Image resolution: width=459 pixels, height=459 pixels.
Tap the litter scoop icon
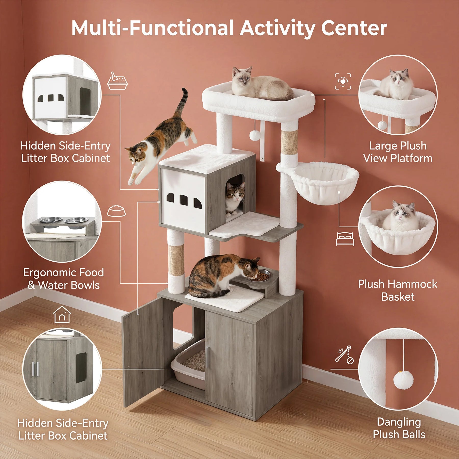117,81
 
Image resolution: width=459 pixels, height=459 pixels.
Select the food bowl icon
116,211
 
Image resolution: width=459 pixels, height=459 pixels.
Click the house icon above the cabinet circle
62,314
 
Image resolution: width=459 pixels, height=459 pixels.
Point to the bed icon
345,239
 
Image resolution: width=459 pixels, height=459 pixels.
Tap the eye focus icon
343,81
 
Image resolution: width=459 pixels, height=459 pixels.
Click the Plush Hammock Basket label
398,290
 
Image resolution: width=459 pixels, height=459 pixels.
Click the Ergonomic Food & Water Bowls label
63,279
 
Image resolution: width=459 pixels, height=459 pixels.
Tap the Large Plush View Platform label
398,152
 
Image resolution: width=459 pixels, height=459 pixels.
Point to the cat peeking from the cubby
235,198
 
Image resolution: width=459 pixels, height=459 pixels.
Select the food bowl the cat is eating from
262,276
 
